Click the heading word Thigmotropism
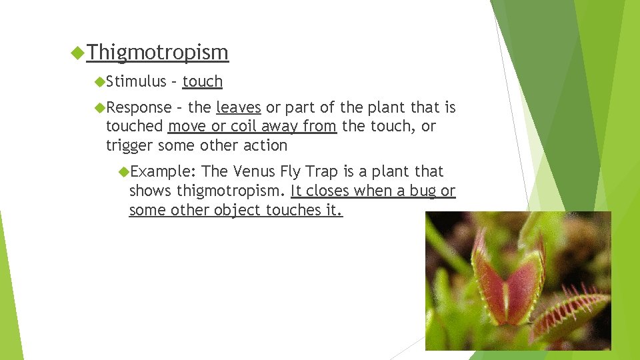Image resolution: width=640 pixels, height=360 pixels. point(157,52)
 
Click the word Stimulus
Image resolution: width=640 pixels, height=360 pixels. point(136,81)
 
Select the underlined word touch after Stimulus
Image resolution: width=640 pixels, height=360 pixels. point(202,81)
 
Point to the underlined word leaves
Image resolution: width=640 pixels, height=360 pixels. point(238,107)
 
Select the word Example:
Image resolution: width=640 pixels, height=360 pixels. point(162,172)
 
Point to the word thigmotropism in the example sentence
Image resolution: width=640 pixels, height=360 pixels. point(233,191)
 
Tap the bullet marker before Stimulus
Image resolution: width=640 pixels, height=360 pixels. point(99,81)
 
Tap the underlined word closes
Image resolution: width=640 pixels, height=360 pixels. point(327,191)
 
